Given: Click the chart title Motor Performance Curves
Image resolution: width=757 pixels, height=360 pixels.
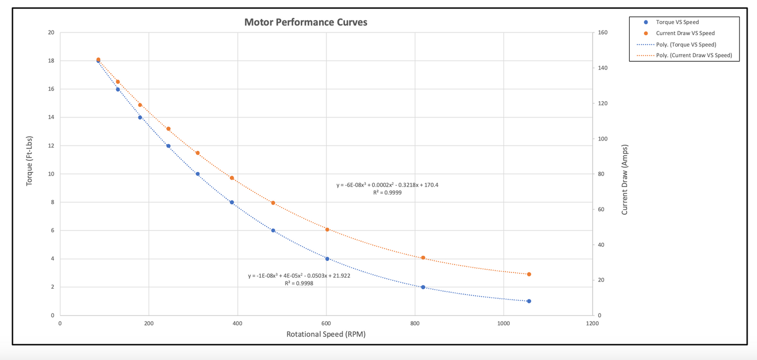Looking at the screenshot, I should [306, 23].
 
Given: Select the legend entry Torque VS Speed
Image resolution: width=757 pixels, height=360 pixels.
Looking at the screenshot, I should [677, 22].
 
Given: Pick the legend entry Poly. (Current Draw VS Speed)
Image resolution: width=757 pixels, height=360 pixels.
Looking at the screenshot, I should [694, 55].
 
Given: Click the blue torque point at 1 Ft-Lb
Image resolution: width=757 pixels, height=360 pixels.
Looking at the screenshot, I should [529, 301].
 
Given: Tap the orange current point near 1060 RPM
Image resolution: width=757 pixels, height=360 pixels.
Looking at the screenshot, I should [529, 274].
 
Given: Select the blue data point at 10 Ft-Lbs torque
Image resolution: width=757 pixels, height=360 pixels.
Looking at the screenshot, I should [198, 174].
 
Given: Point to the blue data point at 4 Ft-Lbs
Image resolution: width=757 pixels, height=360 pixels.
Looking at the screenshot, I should [327, 259].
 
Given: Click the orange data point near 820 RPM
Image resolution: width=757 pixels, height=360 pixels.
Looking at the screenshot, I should [423, 258].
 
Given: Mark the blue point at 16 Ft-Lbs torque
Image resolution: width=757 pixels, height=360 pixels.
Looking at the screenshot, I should [118, 90].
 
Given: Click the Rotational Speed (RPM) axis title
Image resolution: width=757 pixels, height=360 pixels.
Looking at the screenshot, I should [326, 334].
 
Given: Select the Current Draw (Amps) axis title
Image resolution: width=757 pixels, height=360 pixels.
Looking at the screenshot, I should [624, 180].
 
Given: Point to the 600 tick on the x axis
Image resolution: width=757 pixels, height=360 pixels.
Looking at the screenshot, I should [326, 324].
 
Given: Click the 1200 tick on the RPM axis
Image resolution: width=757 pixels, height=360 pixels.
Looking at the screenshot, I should [592, 324].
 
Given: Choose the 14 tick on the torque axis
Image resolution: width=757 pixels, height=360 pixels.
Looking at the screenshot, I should [51, 117].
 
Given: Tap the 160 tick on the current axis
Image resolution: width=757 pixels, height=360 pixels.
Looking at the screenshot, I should [602, 32].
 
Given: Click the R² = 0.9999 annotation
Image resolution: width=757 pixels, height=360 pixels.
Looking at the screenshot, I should [387, 193].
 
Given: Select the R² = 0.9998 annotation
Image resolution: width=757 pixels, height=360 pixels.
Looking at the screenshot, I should [299, 283].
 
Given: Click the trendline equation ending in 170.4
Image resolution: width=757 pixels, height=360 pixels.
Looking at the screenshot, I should [387, 185].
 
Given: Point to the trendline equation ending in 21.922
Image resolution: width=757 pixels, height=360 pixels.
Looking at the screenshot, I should [299, 276].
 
